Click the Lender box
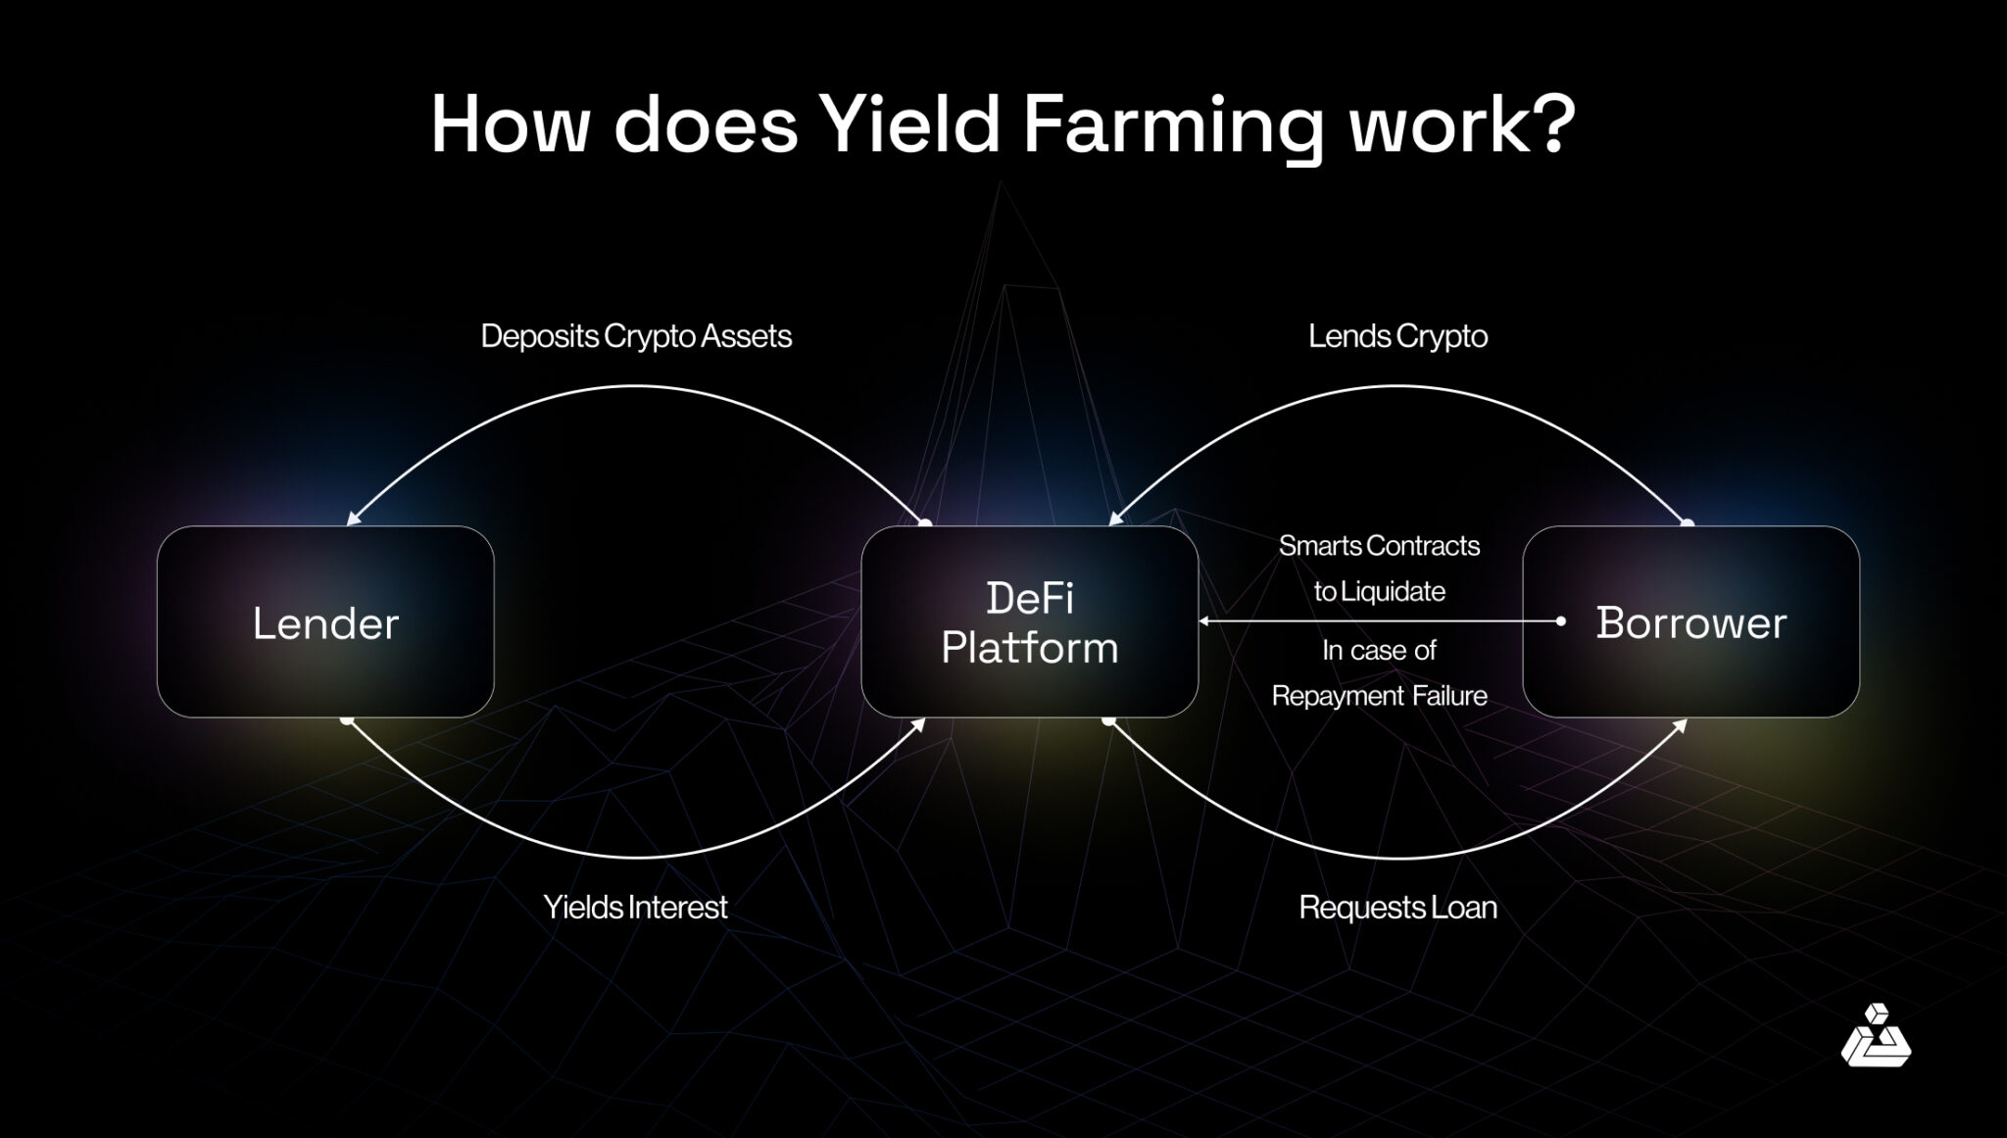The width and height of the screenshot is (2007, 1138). [325, 621]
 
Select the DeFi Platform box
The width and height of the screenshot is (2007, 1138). [1029, 621]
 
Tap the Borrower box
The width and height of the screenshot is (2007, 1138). [1690, 621]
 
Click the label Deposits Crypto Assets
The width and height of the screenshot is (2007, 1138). [636, 336]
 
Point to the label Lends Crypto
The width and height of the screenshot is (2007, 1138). [1397, 336]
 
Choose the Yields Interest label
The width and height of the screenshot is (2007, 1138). [635, 907]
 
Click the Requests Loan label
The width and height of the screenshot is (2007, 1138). [1397, 907]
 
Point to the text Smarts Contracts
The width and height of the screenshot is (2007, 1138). [1379, 546]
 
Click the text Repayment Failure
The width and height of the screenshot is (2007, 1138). [1379, 696]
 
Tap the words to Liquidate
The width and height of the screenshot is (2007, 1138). [1379, 592]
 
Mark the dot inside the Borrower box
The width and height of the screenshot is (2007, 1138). [1561, 621]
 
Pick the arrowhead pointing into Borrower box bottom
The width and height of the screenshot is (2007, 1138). [1680, 726]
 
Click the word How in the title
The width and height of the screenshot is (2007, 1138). [509, 125]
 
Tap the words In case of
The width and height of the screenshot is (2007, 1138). [1379, 650]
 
